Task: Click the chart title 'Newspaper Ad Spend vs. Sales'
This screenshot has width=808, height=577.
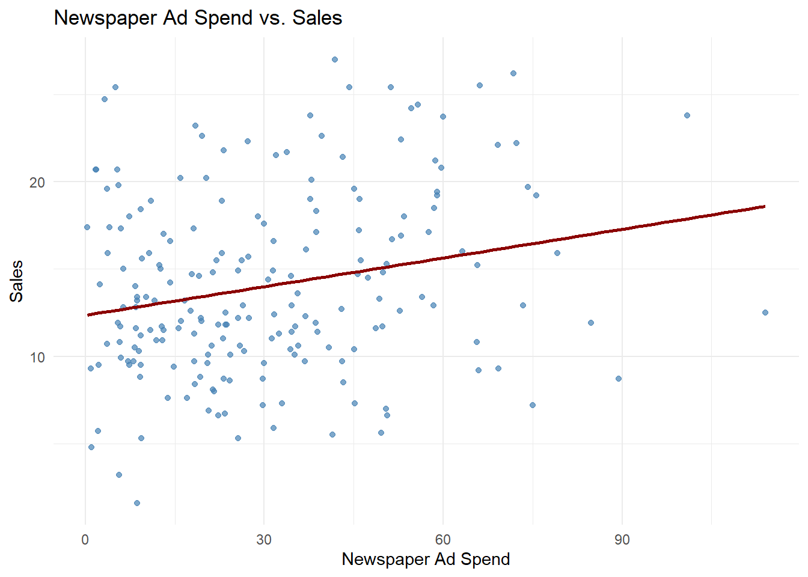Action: click(198, 17)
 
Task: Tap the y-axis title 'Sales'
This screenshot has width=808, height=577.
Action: click(16, 281)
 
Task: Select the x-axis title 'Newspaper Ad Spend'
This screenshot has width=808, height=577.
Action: click(426, 559)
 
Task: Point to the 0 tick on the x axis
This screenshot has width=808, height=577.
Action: click(85, 540)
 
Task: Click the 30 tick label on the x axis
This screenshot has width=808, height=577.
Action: click(264, 540)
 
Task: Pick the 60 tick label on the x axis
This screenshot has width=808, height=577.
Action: click(442, 540)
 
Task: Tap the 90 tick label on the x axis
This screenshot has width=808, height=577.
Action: click(622, 540)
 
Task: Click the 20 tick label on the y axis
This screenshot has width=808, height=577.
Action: click(37, 182)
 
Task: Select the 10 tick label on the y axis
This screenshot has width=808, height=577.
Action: click(37, 357)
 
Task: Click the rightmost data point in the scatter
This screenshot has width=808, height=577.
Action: click(765, 313)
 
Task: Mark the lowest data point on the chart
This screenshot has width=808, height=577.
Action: click(137, 503)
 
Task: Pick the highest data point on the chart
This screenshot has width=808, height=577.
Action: click(335, 60)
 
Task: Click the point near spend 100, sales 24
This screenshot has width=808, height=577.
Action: click(687, 115)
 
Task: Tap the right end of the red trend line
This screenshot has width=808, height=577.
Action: click(765, 206)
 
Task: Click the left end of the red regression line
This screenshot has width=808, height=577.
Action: click(88, 314)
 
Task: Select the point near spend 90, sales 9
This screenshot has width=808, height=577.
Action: click(619, 379)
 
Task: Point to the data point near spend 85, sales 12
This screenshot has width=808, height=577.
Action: click(591, 323)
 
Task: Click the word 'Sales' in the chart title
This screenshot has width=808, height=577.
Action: click(317, 17)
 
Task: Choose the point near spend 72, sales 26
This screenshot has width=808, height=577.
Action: click(513, 73)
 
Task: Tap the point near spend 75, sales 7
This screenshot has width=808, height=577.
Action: click(533, 405)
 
